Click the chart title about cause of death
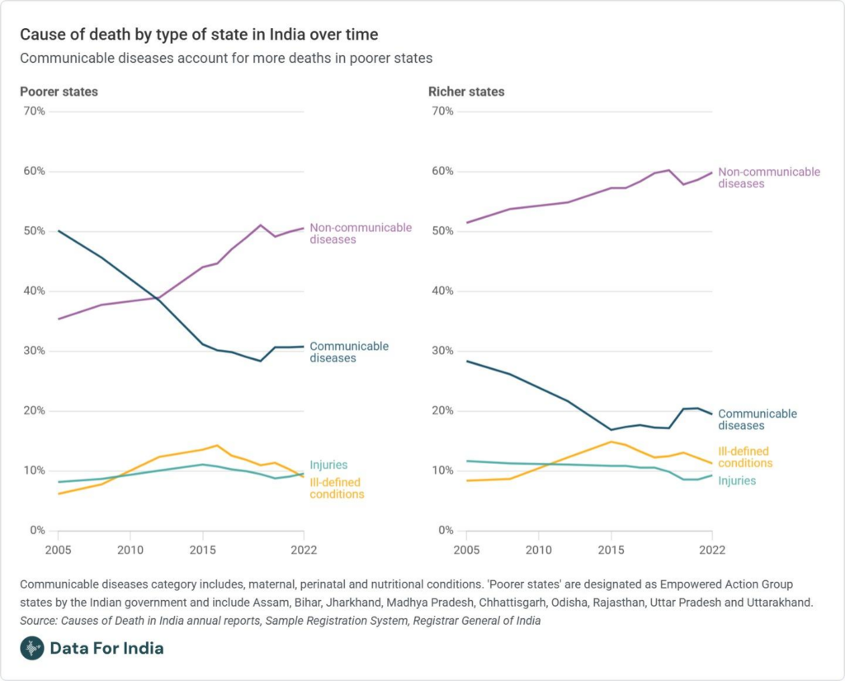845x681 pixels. point(199,35)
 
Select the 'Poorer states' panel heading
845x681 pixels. point(59,92)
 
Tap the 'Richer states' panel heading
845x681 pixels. point(466,92)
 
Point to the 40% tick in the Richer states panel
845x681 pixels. point(442,291)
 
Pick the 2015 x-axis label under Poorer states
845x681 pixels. point(201,549)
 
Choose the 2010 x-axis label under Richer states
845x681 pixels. point(538,549)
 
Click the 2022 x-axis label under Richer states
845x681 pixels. point(712,549)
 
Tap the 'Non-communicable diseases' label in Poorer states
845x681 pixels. point(361,234)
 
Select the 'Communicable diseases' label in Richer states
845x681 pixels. point(758,419)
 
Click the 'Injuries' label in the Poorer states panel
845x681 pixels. point(328,465)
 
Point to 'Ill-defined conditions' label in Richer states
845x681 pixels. point(744,457)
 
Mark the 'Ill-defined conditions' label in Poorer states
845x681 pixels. point(337,488)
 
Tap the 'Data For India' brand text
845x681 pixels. point(106,648)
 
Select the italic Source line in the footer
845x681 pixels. point(281,621)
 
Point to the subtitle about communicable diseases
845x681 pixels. point(226,59)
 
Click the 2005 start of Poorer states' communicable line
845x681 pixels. point(59,231)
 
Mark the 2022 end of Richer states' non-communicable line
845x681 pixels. point(711,173)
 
